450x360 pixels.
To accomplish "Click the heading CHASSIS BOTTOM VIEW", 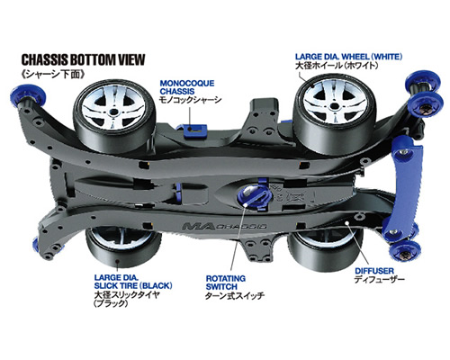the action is coord(83,59).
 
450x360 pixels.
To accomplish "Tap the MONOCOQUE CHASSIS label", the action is coord(187,87).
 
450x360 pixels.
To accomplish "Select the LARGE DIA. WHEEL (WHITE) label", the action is coord(348,57).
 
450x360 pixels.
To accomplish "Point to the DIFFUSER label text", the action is coord(374,271).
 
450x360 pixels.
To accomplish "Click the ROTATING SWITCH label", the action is coord(226,283).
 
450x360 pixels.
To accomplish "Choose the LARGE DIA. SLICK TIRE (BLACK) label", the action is coord(133,281).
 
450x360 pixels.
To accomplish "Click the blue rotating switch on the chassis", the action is coord(254,196).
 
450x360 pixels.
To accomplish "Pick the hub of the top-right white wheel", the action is coord(334,106).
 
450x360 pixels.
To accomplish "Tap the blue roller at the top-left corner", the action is coord(29,95).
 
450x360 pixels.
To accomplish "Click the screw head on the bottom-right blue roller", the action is coord(405,255).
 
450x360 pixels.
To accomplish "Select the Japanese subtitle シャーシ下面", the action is coord(53,74).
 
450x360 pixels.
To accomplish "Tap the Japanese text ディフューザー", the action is coord(380,280).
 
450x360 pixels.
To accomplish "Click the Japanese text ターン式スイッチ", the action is coord(235,296).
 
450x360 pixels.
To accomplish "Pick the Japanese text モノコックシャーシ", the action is coord(191,100).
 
